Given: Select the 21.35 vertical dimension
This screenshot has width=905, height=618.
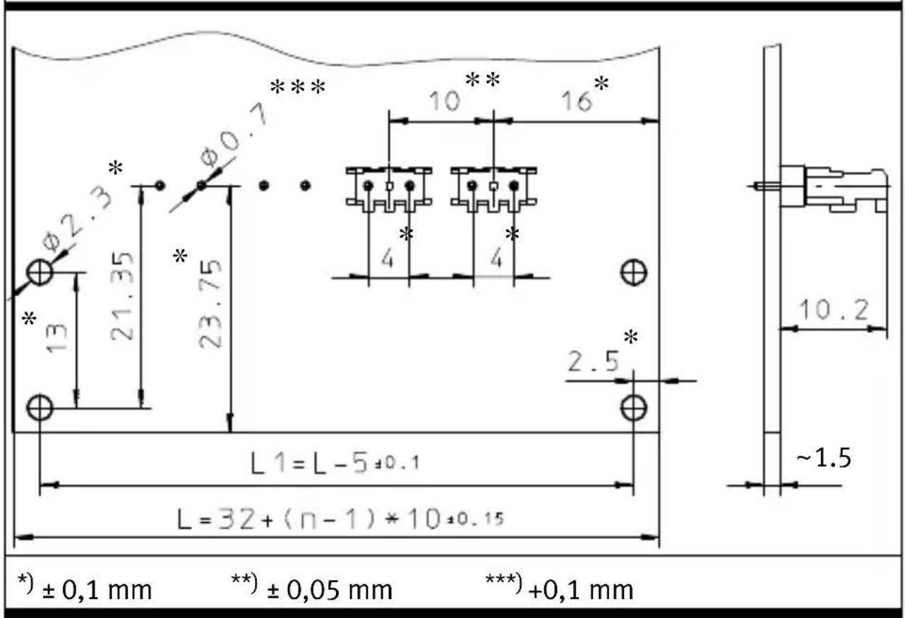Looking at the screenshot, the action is (x=121, y=296).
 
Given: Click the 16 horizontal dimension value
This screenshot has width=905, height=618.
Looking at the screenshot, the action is (x=577, y=101).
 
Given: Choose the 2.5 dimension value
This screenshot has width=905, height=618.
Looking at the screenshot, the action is (x=594, y=361).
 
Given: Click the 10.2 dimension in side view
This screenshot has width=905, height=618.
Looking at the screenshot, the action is (x=834, y=310).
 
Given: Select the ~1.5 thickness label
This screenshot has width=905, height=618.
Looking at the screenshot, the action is (x=823, y=459).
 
